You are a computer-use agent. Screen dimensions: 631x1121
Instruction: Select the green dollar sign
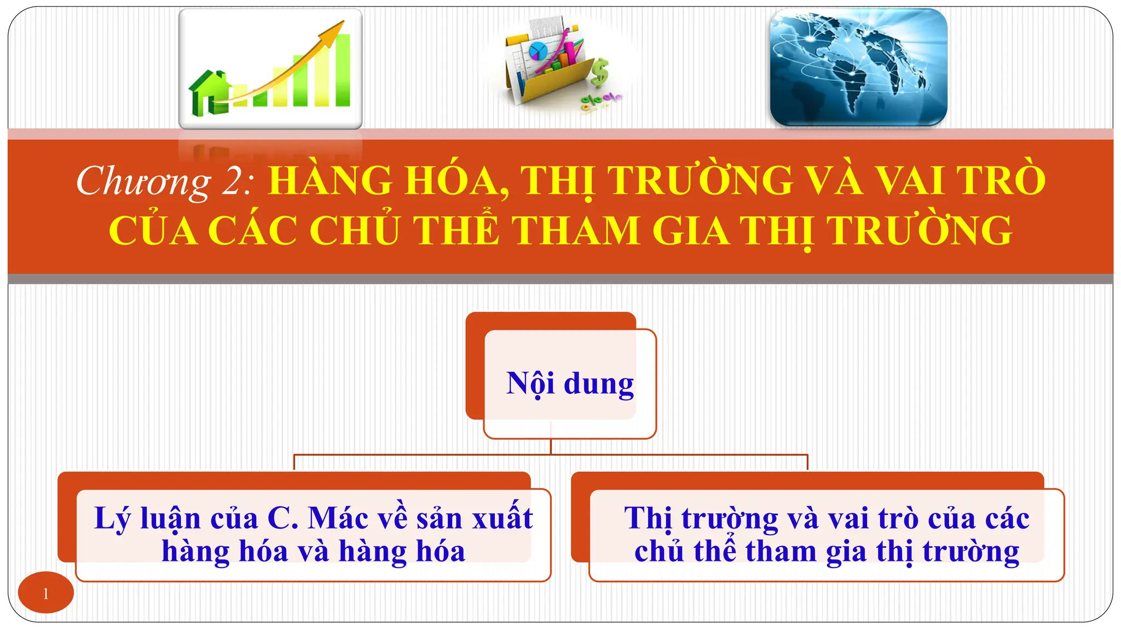pyautogui.click(x=600, y=73)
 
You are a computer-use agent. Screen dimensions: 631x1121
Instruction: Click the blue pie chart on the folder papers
pyautogui.click(x=538, y=52)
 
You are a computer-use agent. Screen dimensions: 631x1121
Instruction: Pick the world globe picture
pyautogui.click(x=858, y=67)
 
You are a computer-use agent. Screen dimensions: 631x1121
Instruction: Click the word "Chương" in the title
pyautogui.click(x=143, y=181)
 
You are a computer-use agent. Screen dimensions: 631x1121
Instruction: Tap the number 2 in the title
pyautogui.click(x=234, y=181)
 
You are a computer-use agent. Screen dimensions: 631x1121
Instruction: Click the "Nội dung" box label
pyautogui.click(x=570, y=383)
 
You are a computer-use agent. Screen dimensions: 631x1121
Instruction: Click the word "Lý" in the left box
pyautogui.click(x=112, y=518)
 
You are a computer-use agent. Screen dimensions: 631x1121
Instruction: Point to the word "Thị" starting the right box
pyautogui.click(x=648, y=518)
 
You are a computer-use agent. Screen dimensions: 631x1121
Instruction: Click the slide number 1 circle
pyautogui.click(x=45, y=593)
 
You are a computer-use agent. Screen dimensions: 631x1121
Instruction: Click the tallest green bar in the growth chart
pyautogui.click(x=342, y=70)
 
